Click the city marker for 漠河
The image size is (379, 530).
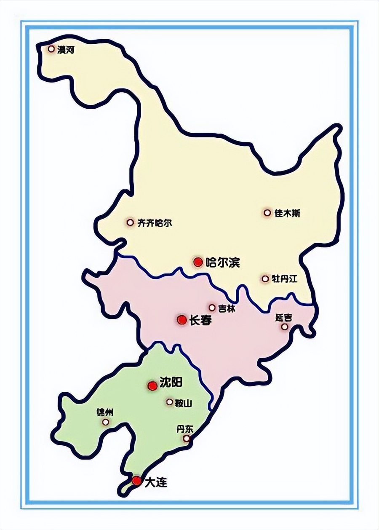point(51,49)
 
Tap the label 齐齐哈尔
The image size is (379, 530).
point(155,222)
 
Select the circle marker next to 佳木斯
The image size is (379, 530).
point(267,213)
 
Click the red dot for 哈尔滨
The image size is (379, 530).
point(198,262)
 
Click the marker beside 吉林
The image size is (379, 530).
point(212,308)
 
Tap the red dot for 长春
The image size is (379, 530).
point(181,320)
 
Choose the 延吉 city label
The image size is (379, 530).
point(283,317)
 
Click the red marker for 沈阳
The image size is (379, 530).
point(152,385)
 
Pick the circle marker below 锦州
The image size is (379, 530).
point(105,422)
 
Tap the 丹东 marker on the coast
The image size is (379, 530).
point(186,439)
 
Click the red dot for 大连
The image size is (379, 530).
point(136,481)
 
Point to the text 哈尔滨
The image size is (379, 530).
point(222,262)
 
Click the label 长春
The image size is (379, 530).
point(200,320)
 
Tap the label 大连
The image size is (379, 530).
point(155,483)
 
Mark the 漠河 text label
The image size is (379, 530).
point(66,50)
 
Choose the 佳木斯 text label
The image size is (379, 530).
point(287,213)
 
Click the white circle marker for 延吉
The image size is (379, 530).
point(285,327)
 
